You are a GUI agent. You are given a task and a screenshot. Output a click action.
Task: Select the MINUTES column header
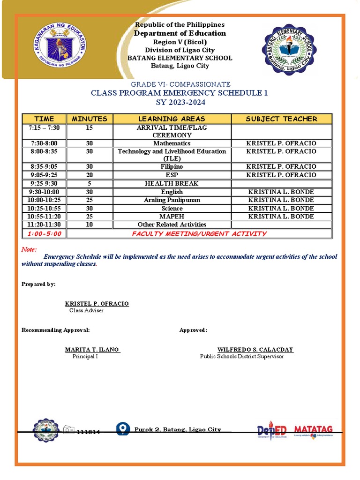pos(90,119)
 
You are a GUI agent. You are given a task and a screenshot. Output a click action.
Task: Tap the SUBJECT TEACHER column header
pos(281,119)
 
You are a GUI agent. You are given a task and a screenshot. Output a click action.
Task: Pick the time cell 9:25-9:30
pos(45,183)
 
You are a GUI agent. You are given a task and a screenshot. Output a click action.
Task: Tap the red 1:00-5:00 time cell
pos(45,233)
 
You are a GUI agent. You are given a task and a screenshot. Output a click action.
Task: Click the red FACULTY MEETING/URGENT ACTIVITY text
pos(199,233)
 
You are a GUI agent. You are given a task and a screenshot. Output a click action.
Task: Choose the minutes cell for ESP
pos(90,175)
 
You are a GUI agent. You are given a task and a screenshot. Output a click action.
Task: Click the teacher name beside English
pos(281,192)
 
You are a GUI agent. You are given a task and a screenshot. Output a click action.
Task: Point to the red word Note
pos(29,250)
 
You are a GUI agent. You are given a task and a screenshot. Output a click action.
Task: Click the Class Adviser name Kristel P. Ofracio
pos(97,304)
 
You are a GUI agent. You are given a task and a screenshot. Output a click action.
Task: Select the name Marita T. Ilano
pos(92,350)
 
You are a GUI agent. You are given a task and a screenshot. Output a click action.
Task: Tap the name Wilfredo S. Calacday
pos(255,350)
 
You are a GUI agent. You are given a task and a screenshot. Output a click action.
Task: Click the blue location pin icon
pos(123,429)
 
